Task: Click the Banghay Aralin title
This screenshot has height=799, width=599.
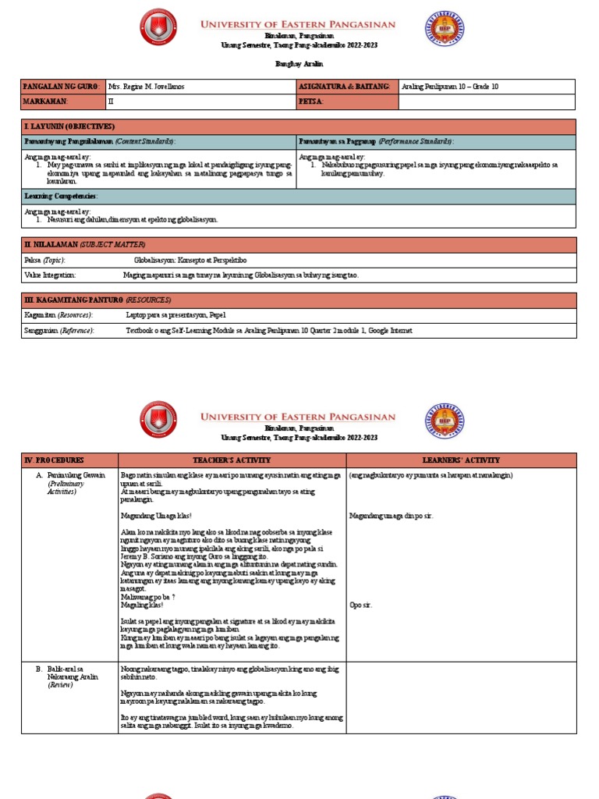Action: tap(299, 63)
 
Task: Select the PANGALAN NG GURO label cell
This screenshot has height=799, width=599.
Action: tap(62, 86)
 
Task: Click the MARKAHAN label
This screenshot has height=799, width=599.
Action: tap(46, 101)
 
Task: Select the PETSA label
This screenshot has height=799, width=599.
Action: tap(310, 101)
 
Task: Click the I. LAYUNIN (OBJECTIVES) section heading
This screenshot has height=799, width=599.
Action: tap(69, 126)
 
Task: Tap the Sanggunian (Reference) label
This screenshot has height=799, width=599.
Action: tap(59, 330)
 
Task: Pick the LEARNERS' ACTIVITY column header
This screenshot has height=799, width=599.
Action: tap(461, 460)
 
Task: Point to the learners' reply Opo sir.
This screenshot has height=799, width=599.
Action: tap(361, 605)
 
